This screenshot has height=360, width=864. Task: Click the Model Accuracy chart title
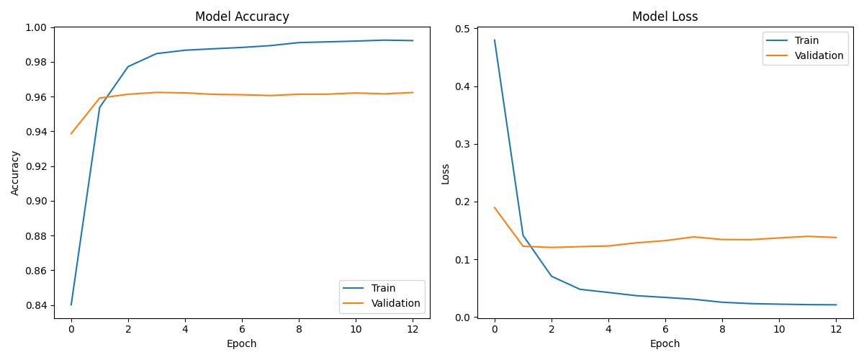coord(242,17)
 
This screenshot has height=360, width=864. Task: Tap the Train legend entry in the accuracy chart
coord(382,288)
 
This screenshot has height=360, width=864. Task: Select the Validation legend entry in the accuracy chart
coord(395,303)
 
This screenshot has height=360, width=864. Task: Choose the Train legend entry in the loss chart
coord(806,41)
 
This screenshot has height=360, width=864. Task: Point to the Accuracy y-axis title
coord(15,173)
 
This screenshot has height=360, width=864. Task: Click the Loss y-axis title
coord(445,173)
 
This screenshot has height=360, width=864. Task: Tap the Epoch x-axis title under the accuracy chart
coord(242,344)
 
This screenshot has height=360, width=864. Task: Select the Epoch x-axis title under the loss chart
coord(665,344)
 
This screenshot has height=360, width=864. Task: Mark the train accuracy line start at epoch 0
coord(71,305)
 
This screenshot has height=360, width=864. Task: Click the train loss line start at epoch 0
coord(495,40)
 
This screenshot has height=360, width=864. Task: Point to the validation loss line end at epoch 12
coord(836,238)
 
